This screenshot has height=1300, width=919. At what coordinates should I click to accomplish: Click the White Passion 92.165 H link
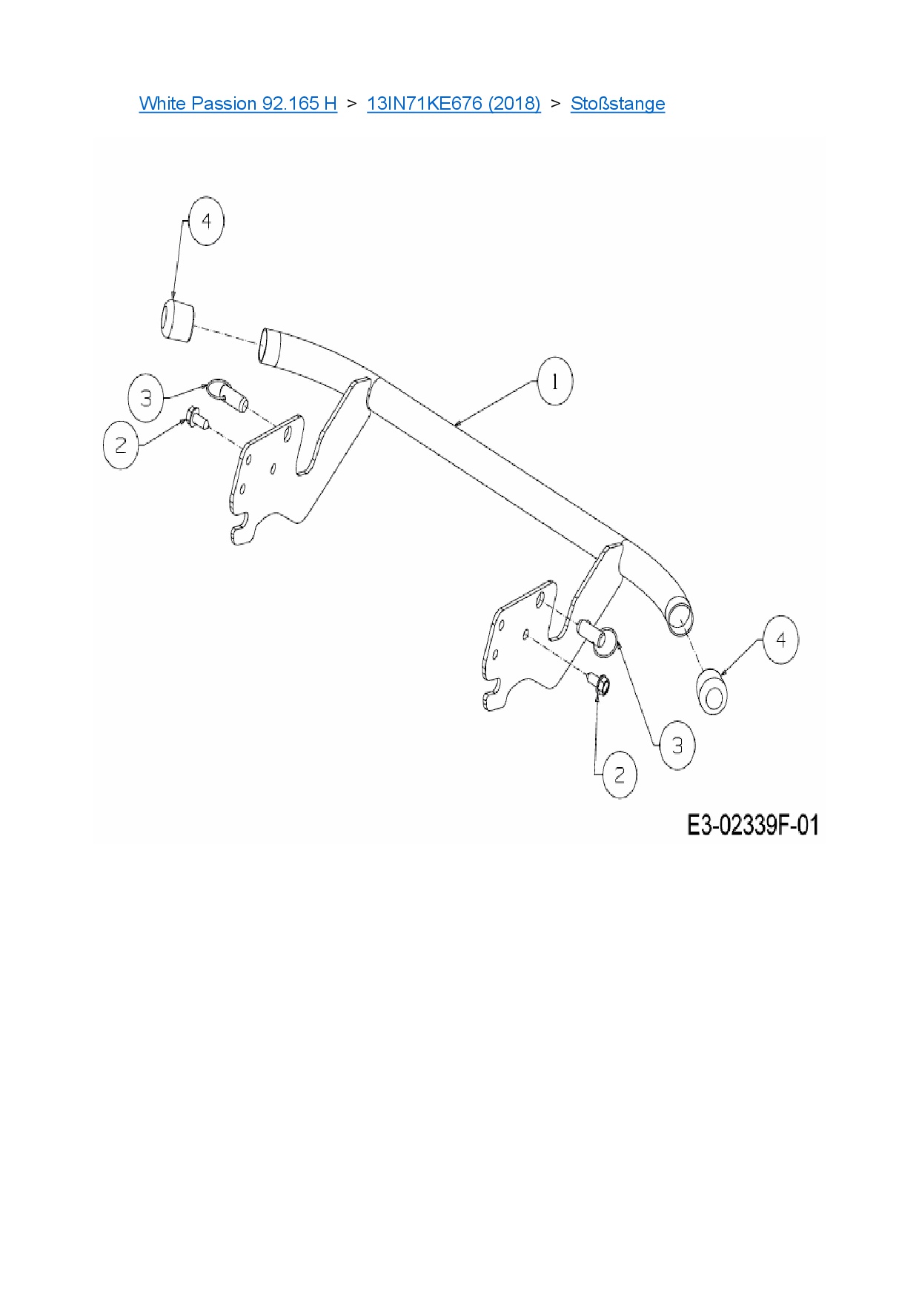238,103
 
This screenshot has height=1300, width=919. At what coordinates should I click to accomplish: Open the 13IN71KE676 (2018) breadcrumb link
454,103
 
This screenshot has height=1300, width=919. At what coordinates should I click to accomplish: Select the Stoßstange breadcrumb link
617,103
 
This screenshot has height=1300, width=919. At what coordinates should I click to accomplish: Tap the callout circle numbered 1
554,382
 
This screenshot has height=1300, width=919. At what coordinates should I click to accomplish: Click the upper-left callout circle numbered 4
206,221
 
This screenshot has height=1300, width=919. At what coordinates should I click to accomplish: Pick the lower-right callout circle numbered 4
780,639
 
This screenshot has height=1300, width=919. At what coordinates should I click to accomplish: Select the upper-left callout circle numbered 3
146,398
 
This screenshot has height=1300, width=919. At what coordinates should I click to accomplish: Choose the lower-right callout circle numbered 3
677,745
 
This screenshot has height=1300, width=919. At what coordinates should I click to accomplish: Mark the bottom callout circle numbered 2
620,775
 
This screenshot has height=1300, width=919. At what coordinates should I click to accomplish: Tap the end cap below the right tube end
712,692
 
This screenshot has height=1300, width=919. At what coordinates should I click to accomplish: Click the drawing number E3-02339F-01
753,825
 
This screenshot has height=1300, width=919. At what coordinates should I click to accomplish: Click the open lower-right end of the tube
681,615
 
